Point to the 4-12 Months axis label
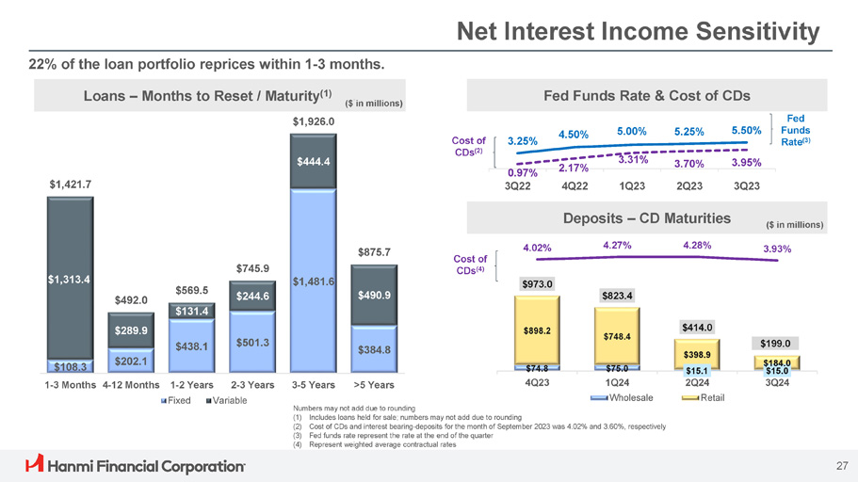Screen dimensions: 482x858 [127, 385]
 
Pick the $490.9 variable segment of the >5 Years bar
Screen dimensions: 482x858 [374, 295]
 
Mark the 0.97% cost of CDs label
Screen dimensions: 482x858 [523, 172]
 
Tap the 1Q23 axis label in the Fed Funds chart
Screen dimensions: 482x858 [633, 185]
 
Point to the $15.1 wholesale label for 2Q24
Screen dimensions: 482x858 [696, 371]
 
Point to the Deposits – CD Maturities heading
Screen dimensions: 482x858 [646, 218]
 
